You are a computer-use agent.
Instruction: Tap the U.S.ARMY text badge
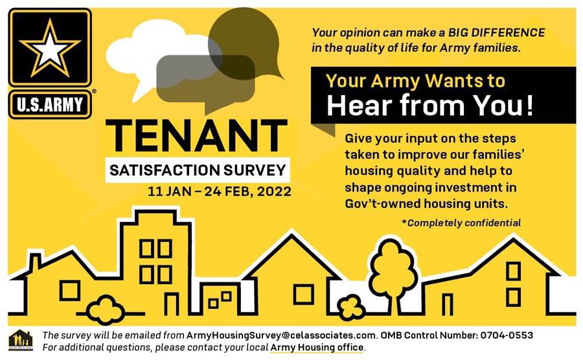coord(50,104)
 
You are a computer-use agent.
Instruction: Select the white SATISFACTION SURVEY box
coord(198,170)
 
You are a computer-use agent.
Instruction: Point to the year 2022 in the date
coord(275,192)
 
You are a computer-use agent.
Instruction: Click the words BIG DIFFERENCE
coord(496,32)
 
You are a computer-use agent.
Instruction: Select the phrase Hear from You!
coord(430,106)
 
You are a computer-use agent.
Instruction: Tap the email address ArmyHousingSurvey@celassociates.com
coord(280,335)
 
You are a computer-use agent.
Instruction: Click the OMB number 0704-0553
coord(507,335)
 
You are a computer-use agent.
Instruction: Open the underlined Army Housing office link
coord(317,347)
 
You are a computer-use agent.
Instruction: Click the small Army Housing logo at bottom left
coord(21,341)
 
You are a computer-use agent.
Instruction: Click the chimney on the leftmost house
coord(35,262)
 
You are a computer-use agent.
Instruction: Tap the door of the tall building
coord(172,304)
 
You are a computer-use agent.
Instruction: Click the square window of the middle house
coord(303,294)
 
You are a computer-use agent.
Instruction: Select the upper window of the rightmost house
coord(513,271)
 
